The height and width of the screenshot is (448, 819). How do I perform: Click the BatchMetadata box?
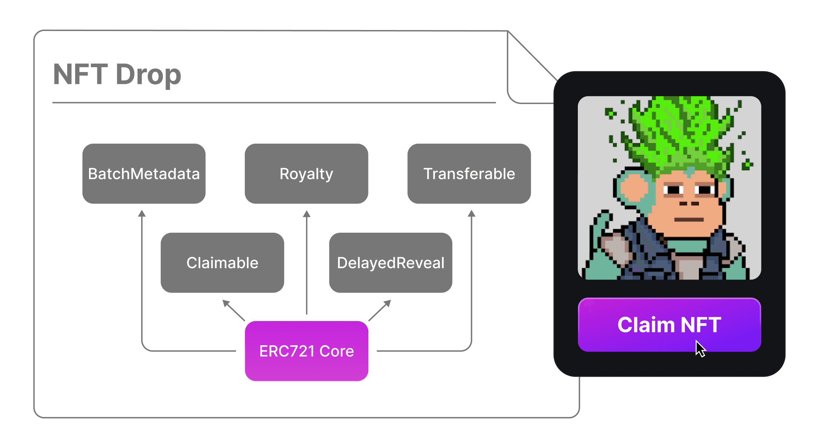point(144,174)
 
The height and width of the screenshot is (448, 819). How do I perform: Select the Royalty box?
point(306,174)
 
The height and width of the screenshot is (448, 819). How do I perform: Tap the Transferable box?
point(469,174)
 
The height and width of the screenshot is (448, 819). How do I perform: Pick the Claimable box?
point(222,263)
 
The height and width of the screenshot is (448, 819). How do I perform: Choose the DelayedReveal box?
point(391,263)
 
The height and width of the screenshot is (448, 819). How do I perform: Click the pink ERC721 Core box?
point(307,351)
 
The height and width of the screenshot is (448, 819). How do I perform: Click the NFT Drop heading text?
point(117,74)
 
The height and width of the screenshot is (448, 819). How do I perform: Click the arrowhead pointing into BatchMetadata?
point(142,214)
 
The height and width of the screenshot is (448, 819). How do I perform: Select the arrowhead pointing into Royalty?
point(307,214)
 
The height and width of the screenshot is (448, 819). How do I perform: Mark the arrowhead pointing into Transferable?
point(471,214)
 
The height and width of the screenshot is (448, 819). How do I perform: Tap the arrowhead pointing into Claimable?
point(226,303)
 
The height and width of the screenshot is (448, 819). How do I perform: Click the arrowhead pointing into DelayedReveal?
point(387,303)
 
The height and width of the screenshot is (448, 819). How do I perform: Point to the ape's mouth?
point(689,220)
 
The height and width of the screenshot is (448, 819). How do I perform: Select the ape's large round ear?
point(633,190)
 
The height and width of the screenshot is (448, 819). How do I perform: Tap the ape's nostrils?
point(689,204)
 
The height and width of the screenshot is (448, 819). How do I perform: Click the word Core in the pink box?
point(337,351)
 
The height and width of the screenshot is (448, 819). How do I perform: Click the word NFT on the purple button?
point(701,324)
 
